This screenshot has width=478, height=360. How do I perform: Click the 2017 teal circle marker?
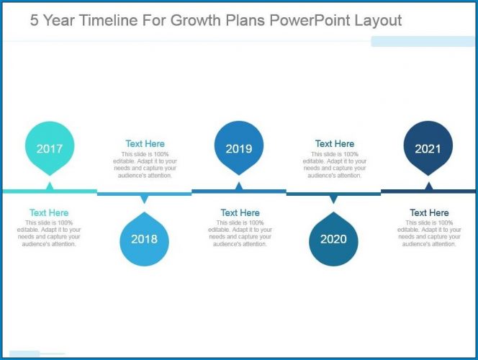[49, 149]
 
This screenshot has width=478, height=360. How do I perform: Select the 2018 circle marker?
[144, 239]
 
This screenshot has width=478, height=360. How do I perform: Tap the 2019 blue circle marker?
[239, 149]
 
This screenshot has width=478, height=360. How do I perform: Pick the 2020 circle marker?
[333, 239]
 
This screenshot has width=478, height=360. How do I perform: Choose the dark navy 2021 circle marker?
[428, 149]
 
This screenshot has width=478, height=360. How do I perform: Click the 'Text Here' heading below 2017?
[49, 212]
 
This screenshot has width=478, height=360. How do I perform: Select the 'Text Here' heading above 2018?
[145, 144]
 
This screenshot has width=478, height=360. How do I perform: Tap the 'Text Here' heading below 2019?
[240, 212]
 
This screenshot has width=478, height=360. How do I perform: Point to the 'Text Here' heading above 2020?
[335, 144]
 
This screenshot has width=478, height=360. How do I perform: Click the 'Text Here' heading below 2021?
[429, 212]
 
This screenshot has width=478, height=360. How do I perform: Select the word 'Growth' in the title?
[196, 20]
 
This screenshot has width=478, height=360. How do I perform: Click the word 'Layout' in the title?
[378, 20]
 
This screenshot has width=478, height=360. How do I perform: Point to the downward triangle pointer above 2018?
[144, 199]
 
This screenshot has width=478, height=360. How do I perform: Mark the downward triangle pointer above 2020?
[333, 199]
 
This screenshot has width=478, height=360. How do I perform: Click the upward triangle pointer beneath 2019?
[239, 186]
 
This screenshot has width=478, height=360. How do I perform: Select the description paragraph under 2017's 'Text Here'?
[49, 233]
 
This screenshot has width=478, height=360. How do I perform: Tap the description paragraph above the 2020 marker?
[335, 165]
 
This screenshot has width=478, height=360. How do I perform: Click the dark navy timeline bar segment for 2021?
[428, 192]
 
